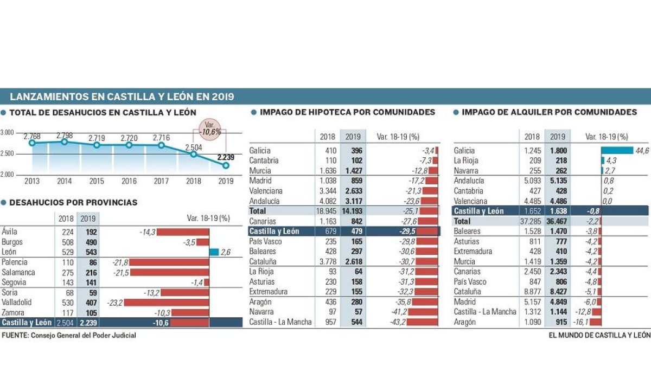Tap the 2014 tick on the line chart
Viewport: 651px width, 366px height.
pos(64,182)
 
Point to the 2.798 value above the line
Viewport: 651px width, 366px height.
pos(64,135)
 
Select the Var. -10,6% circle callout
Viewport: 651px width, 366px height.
pos(209,129)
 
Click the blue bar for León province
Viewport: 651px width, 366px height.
pos(214,252)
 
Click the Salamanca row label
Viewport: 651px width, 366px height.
pos(18,272)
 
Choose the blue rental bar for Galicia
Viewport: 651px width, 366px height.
pos(617,151)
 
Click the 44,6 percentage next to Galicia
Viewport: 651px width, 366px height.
pos(642,151)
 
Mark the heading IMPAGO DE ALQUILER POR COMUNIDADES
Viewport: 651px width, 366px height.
pos(549,112)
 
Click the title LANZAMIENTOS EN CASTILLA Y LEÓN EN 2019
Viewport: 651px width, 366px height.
pos(122,97)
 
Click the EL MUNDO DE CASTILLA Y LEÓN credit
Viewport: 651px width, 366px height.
pos(599,336)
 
